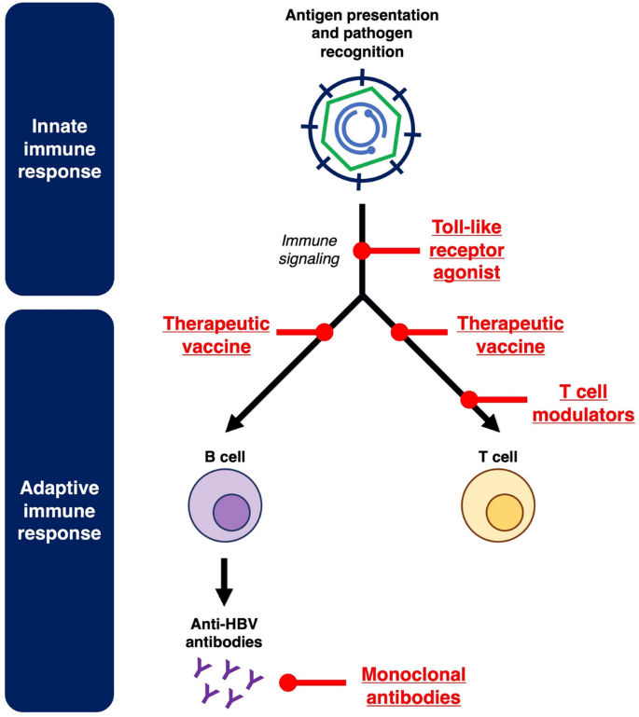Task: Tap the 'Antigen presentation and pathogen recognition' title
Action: pos(363,34)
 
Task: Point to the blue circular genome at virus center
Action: pos(363,131)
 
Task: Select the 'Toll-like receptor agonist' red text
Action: pos(467,250)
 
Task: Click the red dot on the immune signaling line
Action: pos(362,251)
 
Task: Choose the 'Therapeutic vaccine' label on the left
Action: pos(216,335)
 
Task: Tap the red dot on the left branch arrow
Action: pos(325,332)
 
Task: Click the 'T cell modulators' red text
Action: pos(583,403)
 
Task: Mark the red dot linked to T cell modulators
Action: pos(469,399)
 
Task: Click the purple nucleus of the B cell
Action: pos(230,513)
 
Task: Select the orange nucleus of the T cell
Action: pos(504,513)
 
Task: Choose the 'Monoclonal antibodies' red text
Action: pos(412,684)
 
